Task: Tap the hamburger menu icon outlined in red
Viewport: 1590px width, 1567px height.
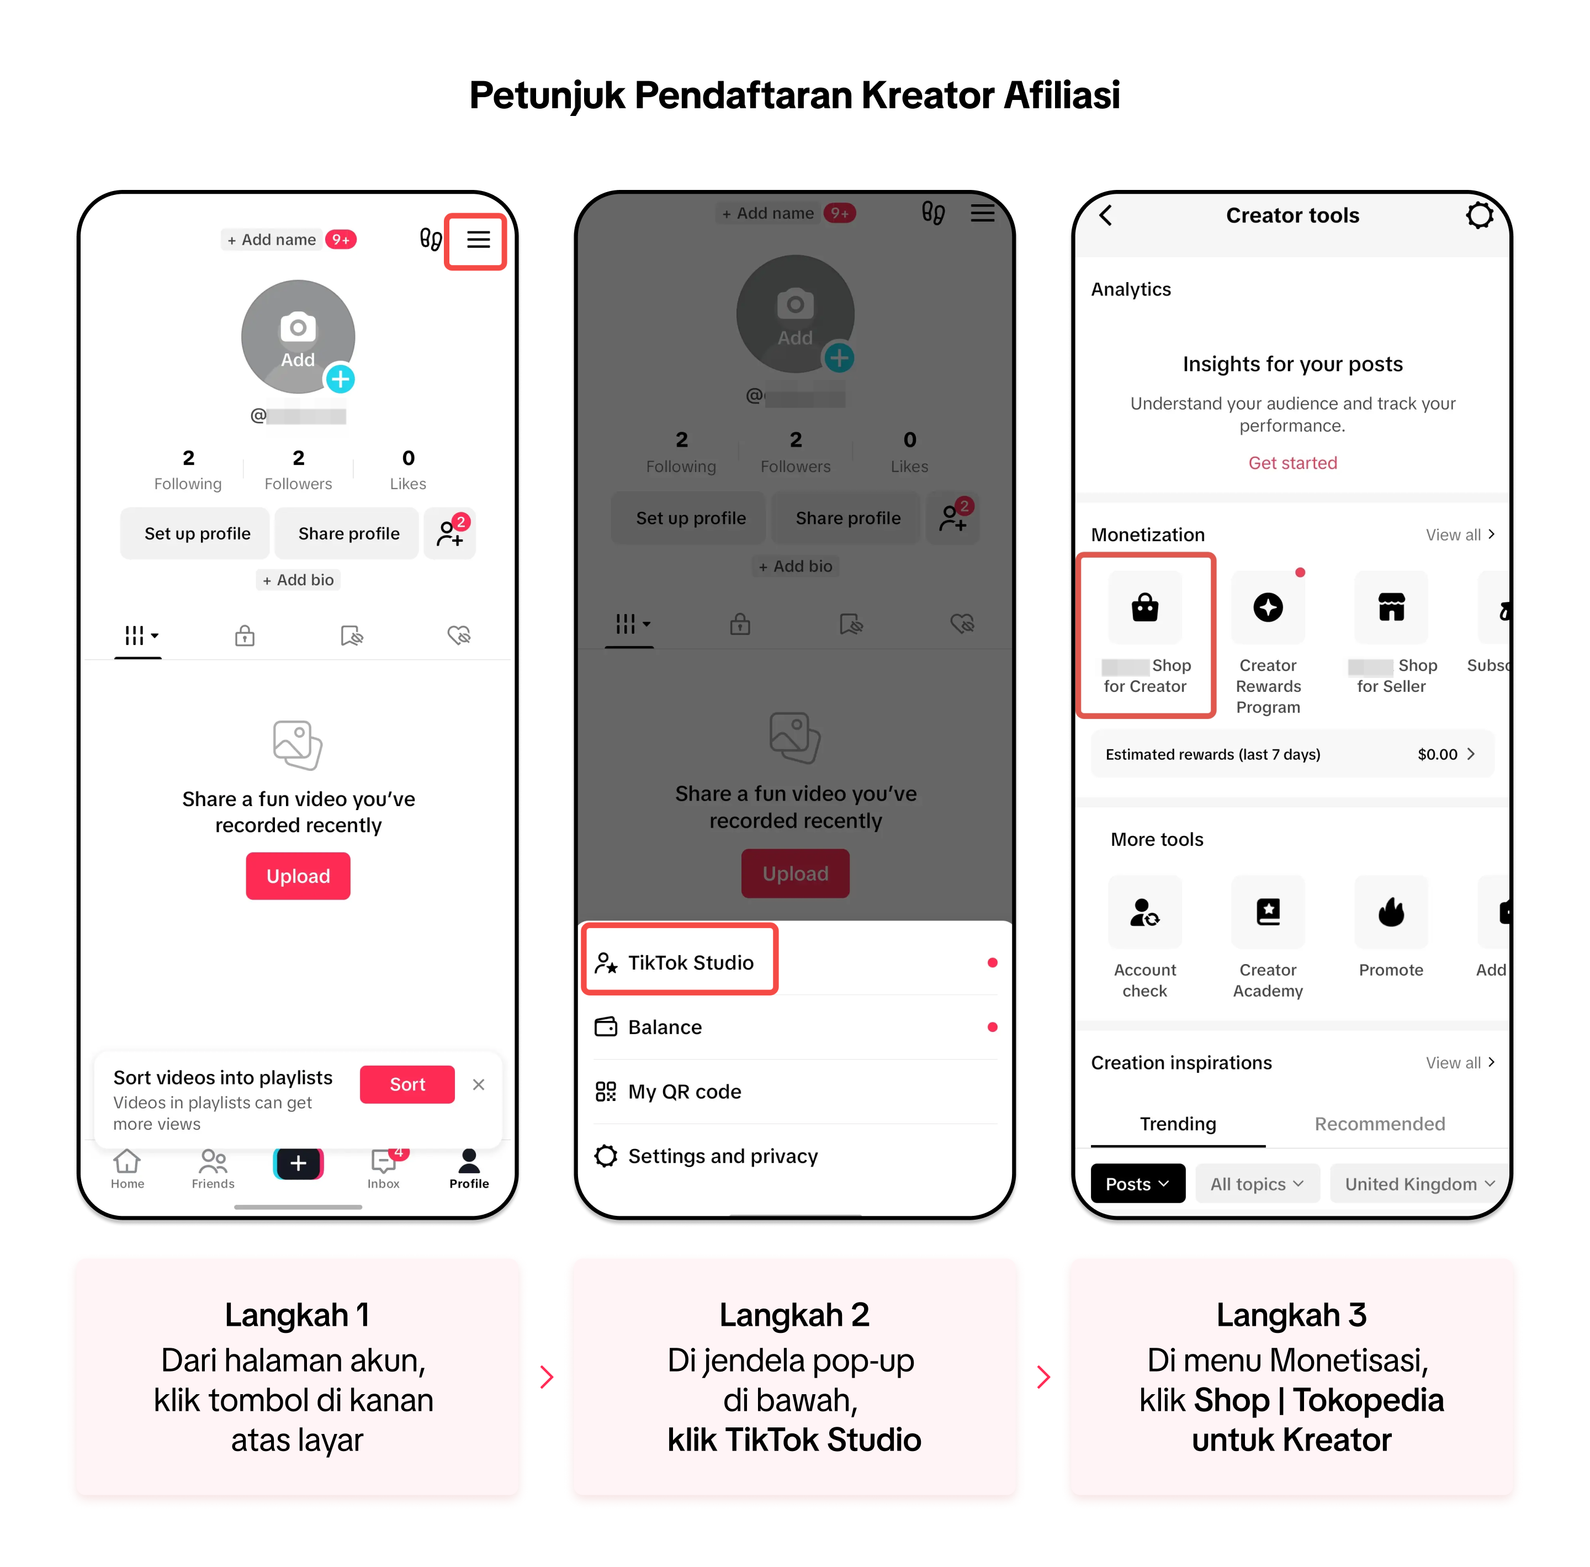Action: click(x=478, y=240)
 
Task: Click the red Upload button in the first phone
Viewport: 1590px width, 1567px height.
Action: click(x=298, y=876)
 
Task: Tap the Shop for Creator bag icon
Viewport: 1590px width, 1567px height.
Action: click(x=1145, y=608)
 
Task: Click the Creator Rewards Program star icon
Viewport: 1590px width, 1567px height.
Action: click(x=1268, y=608)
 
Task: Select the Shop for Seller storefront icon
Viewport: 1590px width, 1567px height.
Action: click(x=1392, y=608)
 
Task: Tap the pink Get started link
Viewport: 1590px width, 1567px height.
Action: click(x=1293, y=463)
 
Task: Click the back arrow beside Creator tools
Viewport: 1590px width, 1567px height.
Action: click(x=1106, y=216)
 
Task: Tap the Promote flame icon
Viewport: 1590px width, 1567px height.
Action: click(x=1392, y=913)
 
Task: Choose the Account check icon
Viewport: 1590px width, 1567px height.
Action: click(x=1145, y=913)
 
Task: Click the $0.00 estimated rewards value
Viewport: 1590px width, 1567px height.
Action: click(x=1437, y=755)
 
